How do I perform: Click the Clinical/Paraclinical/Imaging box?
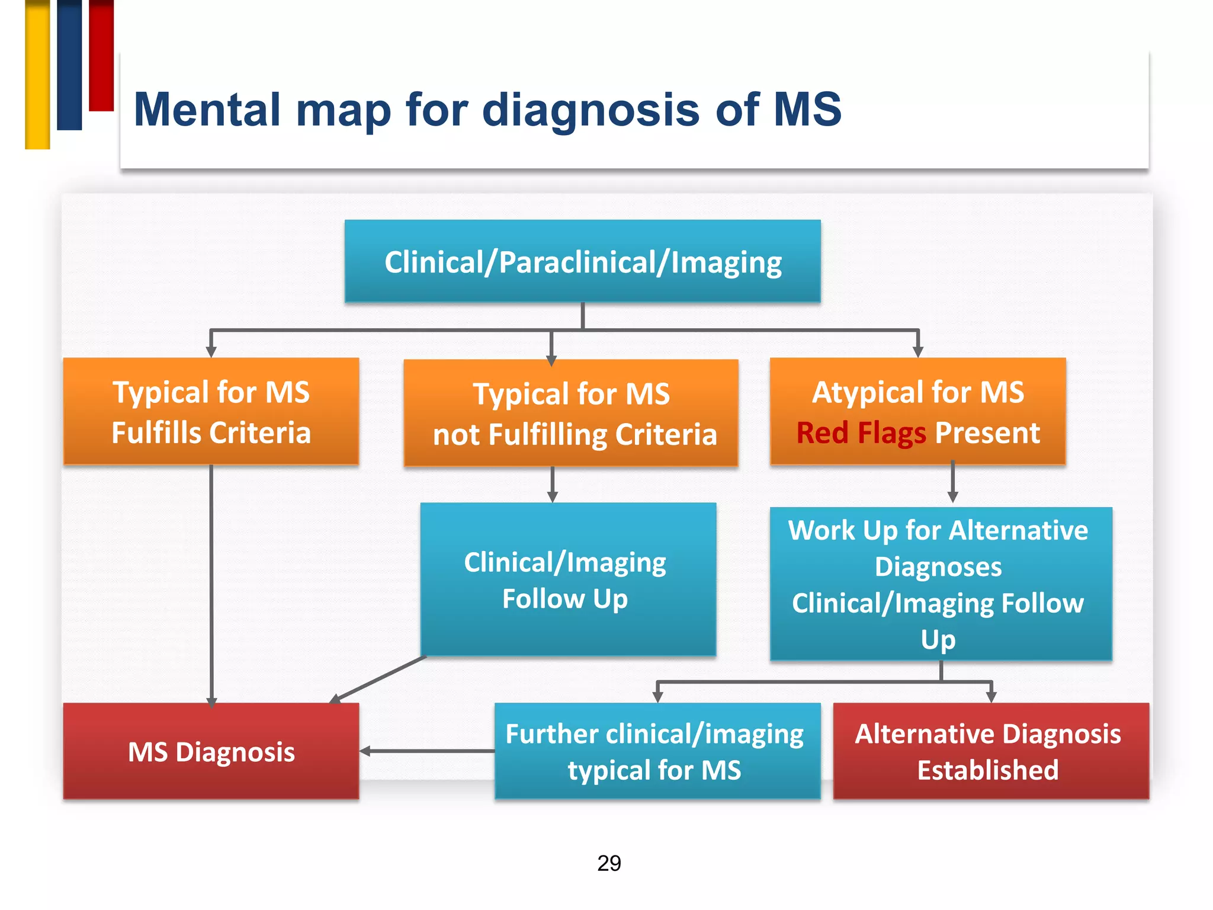click(x=583, y=261)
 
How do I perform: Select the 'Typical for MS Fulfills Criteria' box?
click(x=211, y=411)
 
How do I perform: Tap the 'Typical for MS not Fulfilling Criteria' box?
click(x=571, y=413)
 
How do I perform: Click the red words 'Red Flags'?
click(x=861, y=434)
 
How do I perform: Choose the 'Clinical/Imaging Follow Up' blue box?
click(x=569, y=579)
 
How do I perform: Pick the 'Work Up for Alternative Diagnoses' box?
click(x=941, y=584)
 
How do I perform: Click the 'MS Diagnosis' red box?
click(x=211, y=751)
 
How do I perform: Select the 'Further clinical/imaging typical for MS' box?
click(x=657, y=751)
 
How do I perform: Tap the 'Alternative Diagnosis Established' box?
click(x=991, y=751)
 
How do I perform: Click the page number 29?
click(x=609, y=863)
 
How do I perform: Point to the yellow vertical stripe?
click(x=37, y=74)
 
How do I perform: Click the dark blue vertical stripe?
click(x=69, y=65)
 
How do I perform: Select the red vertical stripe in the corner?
click(x=101, y=55)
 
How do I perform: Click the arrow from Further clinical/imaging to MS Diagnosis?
click(x=427, y=751)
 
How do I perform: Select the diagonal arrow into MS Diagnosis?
click(x=378, y=680)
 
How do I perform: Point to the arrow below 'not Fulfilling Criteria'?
click(x=553, y=485)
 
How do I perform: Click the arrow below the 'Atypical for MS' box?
click(x=953, y=482)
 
